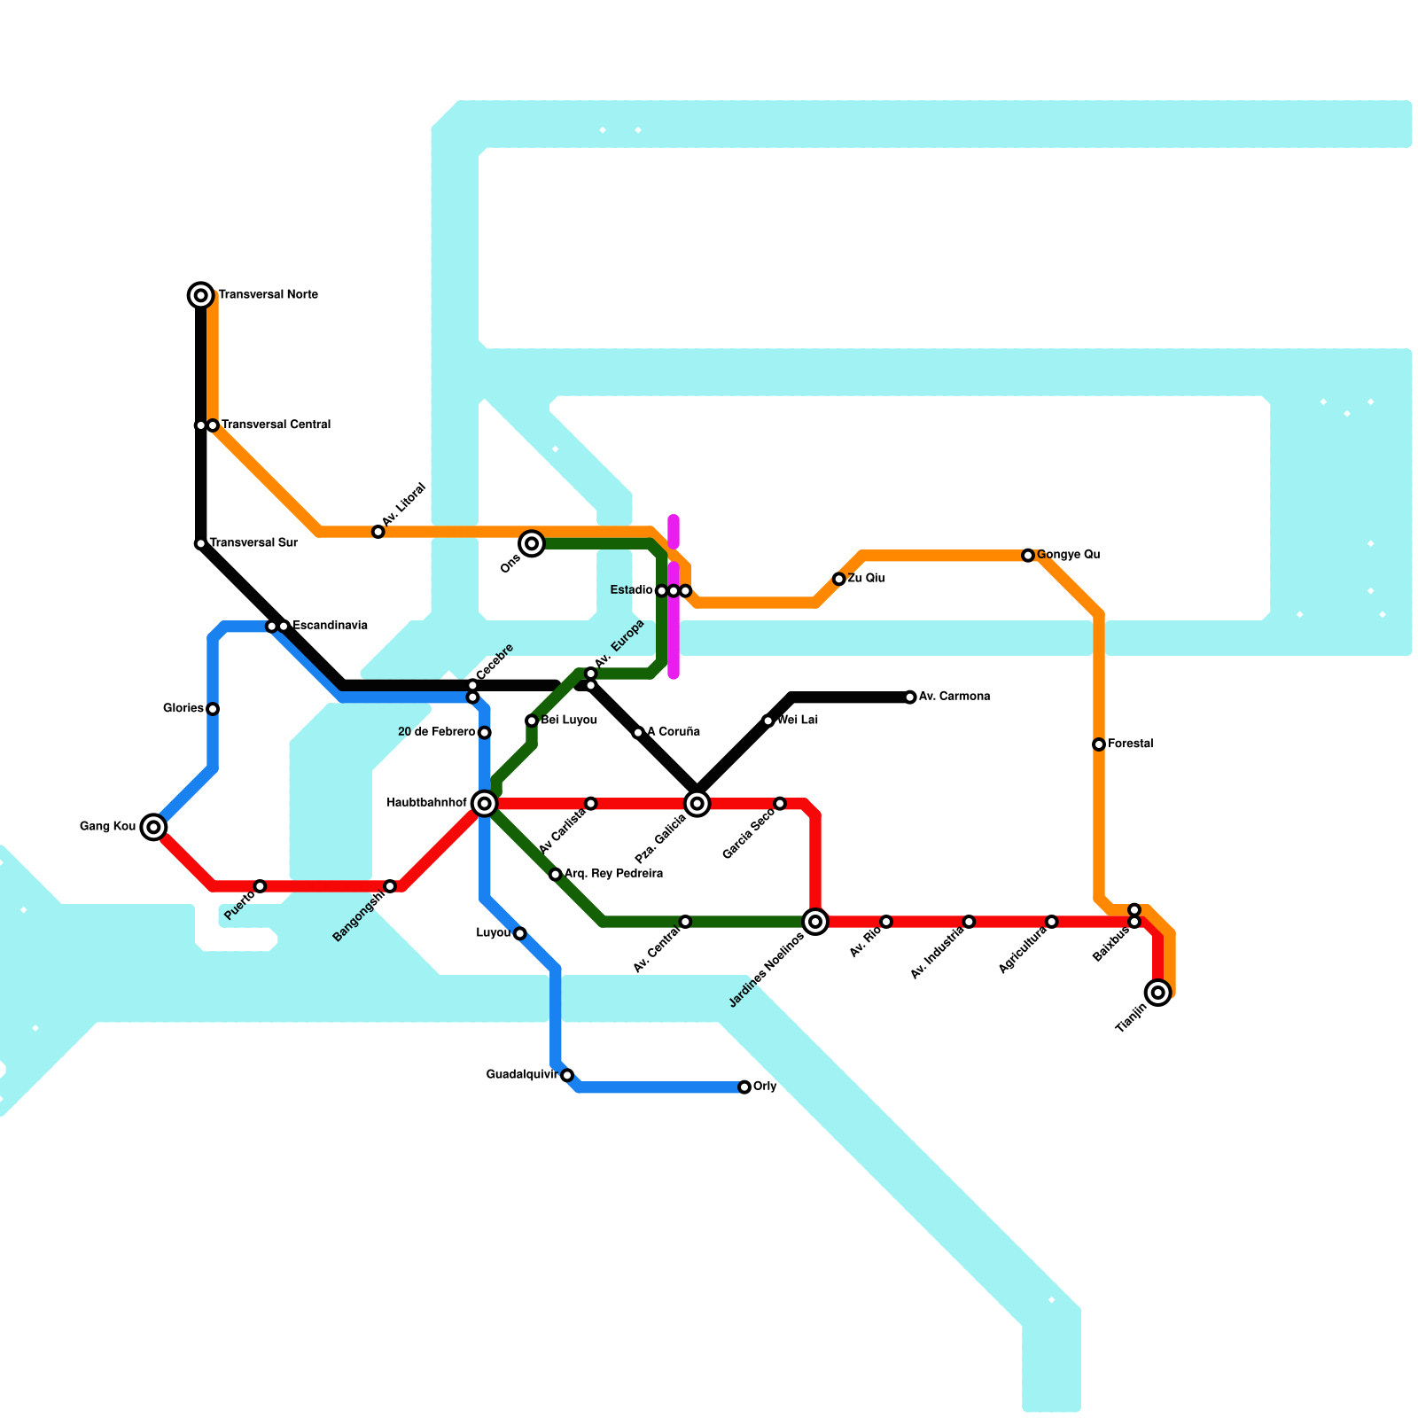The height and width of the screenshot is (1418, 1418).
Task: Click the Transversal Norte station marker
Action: pyautogui.click(x=201, y=295)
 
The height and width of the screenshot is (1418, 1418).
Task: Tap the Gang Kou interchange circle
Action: pyautogui.click(x=154, y=827)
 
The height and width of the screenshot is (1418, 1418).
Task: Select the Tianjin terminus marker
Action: pyautogui.click(x=1158, y=993)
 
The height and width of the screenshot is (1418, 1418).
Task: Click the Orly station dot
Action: pyautogui.click(x=744, y=1087)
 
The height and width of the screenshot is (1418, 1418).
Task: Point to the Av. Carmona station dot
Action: pyautogui.click(x=910, y=697)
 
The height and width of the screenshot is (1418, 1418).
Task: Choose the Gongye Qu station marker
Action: pyautogui.click(x=1028, y=556)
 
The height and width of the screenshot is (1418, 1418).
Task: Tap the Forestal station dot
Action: pyautogui.click(x=1099, y=744)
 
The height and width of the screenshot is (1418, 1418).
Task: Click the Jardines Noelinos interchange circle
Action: pyautogui.click(x=816, y=922)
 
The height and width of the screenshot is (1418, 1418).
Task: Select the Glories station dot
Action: pyautogui.click(x=213, y=709)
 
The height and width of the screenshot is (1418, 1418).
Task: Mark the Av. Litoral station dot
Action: pyautogui.click(x=378, y=532)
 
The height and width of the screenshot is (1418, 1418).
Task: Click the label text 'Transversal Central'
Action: pyautogui.click(x=276, y=425)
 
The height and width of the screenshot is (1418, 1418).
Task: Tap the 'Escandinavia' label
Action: pyautogui.click(x=330, y=626)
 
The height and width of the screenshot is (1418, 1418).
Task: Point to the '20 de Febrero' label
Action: pyautogui.click(x=436, y=732)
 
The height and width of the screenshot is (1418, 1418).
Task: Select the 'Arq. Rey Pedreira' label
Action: pyautogui.click(x=613, y=874)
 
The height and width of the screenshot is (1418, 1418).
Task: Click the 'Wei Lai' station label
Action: pyautogui.click(x=797, y=721)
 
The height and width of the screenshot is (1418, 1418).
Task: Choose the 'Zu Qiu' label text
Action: pyautogui.click(x=866, y=579)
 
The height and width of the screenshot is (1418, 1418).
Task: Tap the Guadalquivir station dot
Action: pyautogui.click(x=567, y=1075)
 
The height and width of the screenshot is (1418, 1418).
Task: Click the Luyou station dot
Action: pyautogui.click(x=520, y=933)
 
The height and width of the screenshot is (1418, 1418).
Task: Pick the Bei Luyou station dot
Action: pyautogui.click(x=532, y=721)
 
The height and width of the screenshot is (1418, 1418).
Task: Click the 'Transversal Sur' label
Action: pyautogui.click(x=253, y=543)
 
